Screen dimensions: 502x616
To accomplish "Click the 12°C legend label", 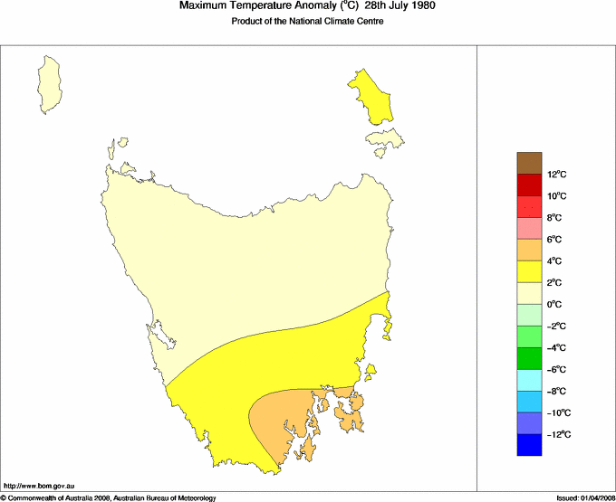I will point(556,175).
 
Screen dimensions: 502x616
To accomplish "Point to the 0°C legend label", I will point(555,305).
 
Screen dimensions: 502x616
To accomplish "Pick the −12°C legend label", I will point(557,435).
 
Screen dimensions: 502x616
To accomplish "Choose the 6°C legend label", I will point(555,240).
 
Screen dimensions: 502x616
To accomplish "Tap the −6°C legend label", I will point(557,370).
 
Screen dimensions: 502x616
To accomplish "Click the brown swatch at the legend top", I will point(530,163).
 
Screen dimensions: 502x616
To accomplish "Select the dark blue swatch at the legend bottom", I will point(530,445).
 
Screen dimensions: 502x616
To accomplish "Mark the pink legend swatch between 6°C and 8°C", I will point(530,228).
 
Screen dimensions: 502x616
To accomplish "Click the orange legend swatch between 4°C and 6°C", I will point(530,250).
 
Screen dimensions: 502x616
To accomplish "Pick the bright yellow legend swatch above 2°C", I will point(530,271).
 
